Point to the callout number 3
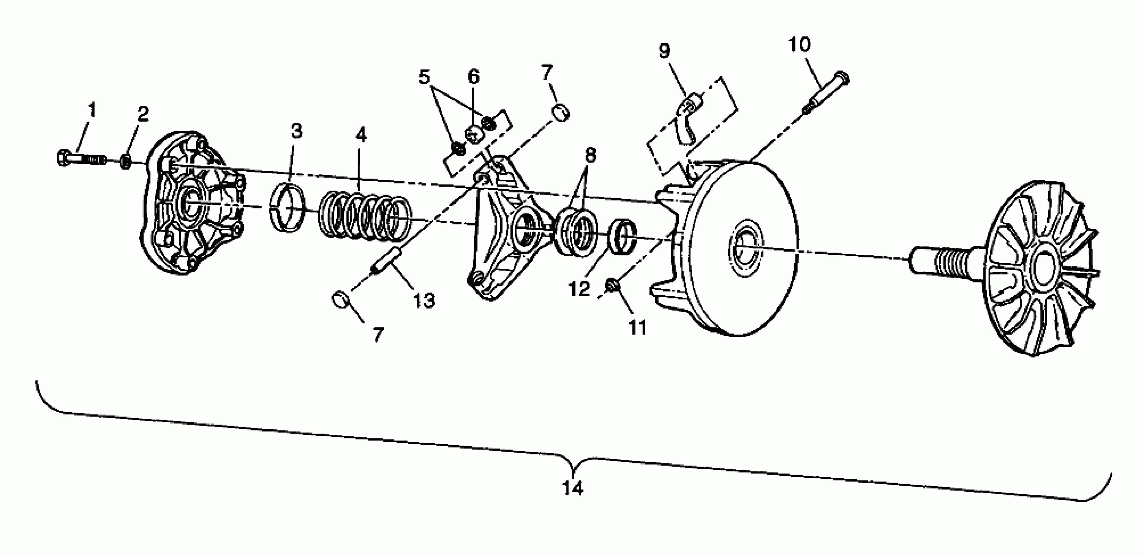point(296,131)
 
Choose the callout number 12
point(580,289)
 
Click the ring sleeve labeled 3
point(288,208)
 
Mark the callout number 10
point(799,45)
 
